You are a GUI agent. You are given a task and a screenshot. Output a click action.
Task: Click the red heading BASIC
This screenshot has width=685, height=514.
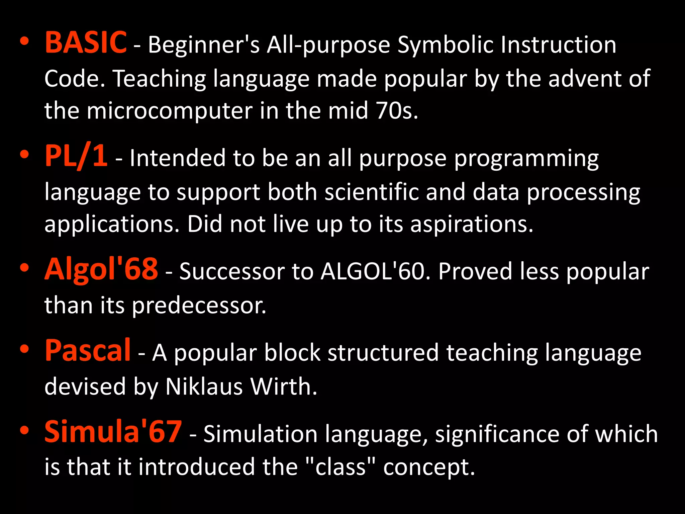86,42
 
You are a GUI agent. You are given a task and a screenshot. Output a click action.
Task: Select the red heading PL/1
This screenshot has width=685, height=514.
76,156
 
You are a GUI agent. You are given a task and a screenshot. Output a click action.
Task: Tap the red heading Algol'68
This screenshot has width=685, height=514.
101,269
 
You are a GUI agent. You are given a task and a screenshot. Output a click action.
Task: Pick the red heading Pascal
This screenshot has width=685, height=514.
88,350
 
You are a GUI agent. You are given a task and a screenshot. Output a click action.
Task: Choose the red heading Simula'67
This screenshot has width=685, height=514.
113,432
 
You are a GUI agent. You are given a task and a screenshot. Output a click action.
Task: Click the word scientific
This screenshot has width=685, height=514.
371,192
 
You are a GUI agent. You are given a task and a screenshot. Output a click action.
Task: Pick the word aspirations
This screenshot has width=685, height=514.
472,225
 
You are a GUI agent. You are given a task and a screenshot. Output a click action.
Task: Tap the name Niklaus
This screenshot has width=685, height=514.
204,387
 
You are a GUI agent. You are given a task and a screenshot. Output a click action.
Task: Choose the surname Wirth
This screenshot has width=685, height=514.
284,387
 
